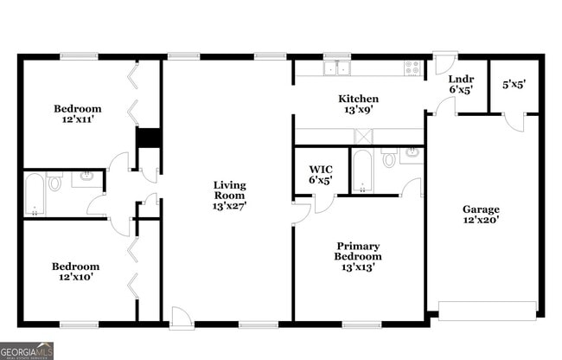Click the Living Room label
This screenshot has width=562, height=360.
(x=230, y=196)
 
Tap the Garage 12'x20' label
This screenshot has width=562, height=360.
(x=481, y=215)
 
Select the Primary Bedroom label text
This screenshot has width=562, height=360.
(x=358, y=256)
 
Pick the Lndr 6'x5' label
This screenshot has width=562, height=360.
(x=459, y=84)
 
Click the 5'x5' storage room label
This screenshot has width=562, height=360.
(x=514, y=85)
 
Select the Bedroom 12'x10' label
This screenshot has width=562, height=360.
(x=75, y=272)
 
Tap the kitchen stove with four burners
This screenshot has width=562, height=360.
(x=412, y=67)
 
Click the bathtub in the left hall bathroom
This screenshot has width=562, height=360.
(x=35, y=194)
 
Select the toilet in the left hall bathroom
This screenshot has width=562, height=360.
(x=55, y=182)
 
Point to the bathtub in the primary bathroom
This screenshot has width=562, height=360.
(x=361, y=171)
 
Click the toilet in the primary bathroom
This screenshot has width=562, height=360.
(x=389, y=158)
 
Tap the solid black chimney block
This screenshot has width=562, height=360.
(x=149, y=139)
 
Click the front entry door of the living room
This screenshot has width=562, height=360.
(x=180, y=320)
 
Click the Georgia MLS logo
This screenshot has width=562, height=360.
(x=27, y=350)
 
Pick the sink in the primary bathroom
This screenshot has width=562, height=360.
(x=411, y=153)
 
